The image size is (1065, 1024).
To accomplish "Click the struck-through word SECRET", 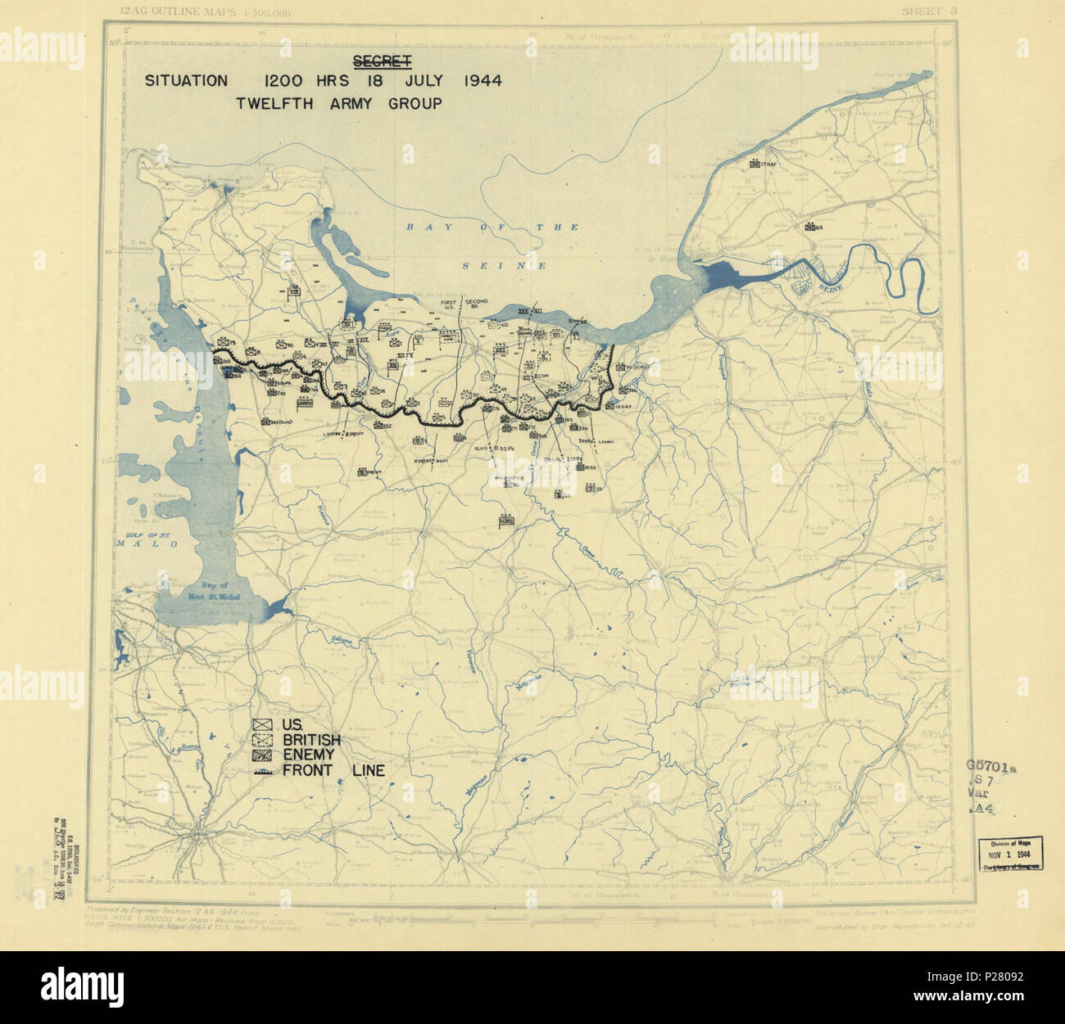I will coord(382,61).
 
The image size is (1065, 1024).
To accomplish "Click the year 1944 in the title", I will coord(483,81).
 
